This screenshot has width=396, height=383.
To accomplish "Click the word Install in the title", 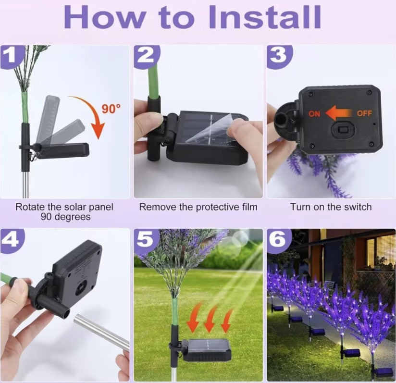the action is [265, 17].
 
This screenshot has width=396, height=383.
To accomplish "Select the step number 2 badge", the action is [146, 57].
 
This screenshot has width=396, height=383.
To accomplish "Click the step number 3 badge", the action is [279, 56].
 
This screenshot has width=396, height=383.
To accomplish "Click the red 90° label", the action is [111, 109].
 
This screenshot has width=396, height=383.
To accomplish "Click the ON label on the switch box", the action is [314, 114].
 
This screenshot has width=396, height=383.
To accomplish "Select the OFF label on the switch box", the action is [364, 113].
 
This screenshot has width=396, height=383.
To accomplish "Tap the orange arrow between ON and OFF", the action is [338, 113].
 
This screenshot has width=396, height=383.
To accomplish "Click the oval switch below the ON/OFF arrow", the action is [343, 130].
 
